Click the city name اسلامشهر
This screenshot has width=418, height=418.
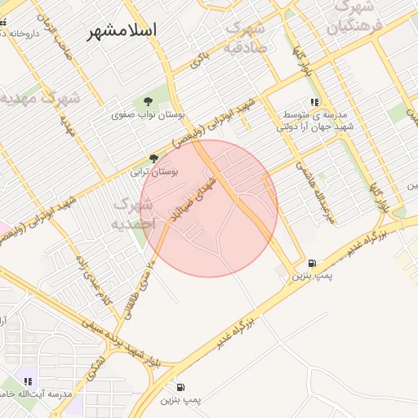click(x=125, y=30)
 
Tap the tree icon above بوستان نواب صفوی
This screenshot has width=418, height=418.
click(x=148, y=101)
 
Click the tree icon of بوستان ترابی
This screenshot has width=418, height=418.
click(x=153, y=158)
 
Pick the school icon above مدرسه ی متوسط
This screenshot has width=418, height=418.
click(x=314, y=102)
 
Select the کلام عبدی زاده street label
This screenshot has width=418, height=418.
click(x=92, y=289)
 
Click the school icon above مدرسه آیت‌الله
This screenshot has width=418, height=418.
click(x=29, y=381)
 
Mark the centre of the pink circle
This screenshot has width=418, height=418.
click(x=210, y=208)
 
